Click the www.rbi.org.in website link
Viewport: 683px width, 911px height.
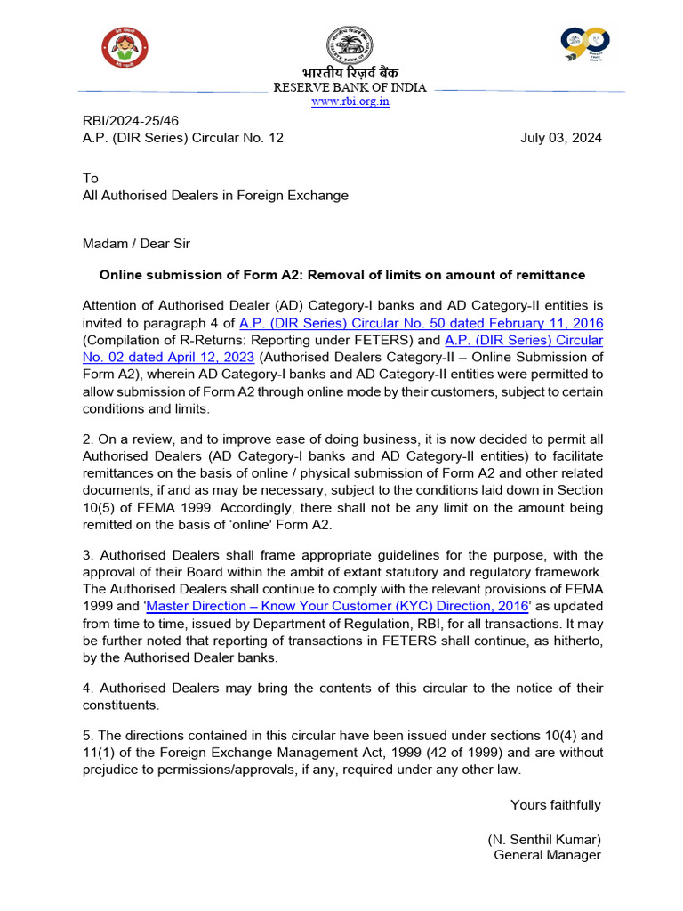(350, 101)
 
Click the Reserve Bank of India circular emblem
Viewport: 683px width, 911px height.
(349, 44)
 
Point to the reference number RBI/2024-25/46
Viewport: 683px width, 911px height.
(125, 121)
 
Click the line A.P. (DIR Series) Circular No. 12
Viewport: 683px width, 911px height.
(183, 138)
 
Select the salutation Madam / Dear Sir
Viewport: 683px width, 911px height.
(136, 244)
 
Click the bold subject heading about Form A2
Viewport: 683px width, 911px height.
(342, 275)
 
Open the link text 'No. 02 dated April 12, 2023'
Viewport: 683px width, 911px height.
(168, 357)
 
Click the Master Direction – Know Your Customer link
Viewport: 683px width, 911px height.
(338, 606)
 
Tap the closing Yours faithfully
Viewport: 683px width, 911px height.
(555, 805)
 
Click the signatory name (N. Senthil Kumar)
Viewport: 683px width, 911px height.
(543, 839)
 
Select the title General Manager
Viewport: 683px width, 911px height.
(547, 855)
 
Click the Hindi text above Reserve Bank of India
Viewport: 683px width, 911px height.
(348, 72)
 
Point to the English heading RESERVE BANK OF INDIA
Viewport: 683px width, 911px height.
(350, 87)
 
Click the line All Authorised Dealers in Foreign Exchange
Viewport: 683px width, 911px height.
(215, 195)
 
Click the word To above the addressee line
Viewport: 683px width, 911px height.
(90, 179)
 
